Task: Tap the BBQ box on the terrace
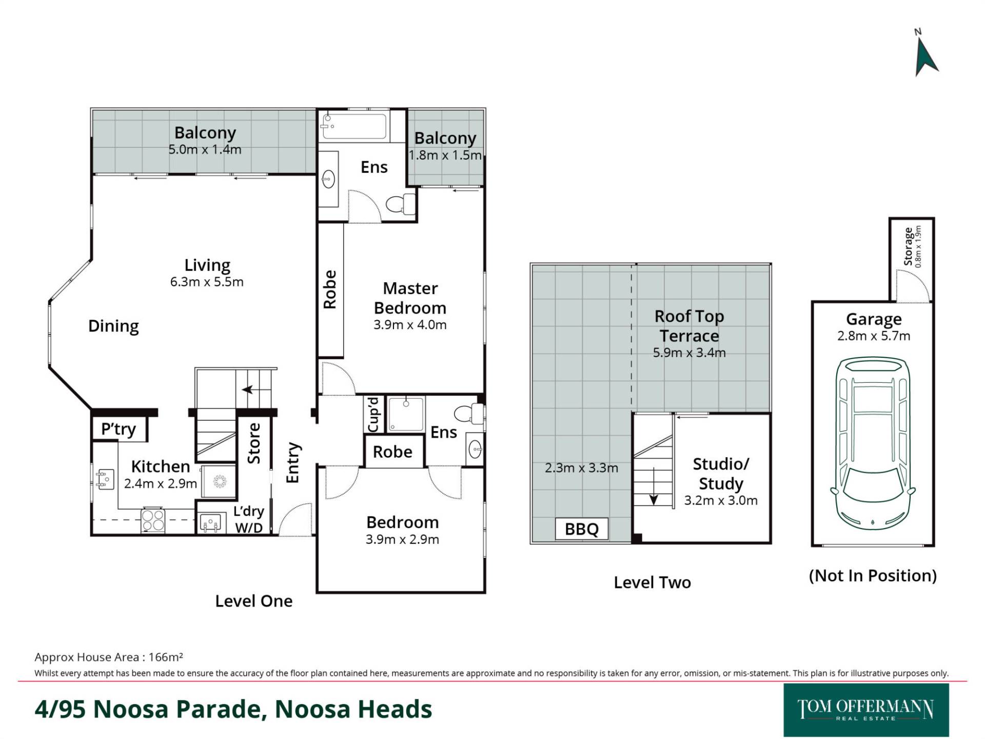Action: tap(581, 529)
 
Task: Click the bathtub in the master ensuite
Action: tap(353, 126)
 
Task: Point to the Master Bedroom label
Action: tap(410, 298)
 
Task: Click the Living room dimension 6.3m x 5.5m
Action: tap(207, 282)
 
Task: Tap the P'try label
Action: tap(119, 429)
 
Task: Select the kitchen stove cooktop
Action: tap(153, 519)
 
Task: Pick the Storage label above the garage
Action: tap(909, 246)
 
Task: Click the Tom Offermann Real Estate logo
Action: tap(866, 710)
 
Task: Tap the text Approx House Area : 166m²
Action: tap(109, 657)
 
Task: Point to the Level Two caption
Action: tap(652, 582)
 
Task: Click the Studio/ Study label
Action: tap(721, 474)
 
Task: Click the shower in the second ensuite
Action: tap(406, 414)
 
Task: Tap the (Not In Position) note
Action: tap(873, 576)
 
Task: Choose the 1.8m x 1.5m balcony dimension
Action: tap(445, 155)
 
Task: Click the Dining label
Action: tap(113, 326)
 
